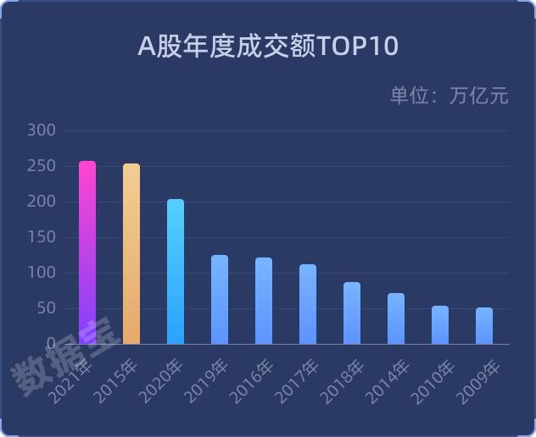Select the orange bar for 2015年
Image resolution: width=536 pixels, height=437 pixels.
coord(131,254)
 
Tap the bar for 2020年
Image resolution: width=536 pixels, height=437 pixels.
coord(176,272)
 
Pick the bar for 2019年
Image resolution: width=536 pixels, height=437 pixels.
coord(220,300)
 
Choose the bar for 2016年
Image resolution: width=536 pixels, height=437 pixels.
coord(264,301)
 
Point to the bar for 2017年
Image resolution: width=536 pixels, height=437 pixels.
coord(308,304)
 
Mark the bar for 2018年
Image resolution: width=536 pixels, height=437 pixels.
coord(352,313)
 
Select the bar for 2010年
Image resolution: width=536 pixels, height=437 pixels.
coord(440,325)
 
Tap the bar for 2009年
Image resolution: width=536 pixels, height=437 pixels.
coord(484,326)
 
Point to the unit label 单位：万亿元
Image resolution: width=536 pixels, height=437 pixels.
coord(449,96)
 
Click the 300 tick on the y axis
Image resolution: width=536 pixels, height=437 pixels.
coord(42,130)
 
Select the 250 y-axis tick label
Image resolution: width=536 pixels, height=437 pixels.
coord(42,166)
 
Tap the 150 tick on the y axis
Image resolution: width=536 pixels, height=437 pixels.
coord(42,237)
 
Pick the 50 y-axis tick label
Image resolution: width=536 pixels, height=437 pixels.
coord(46,308)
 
